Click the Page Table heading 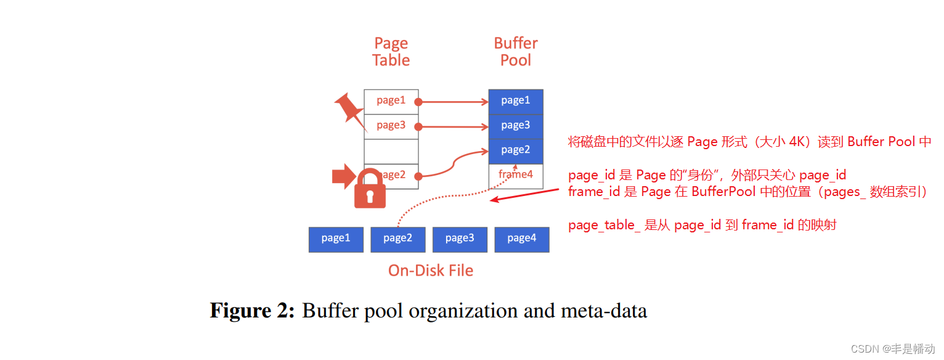[391, 52]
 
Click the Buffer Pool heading [516, 52]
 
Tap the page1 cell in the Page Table [391, 101]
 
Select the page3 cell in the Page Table [391, 126]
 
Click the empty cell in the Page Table [391, 151]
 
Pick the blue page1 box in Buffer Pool [516, 101]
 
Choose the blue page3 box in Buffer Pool [516, 126]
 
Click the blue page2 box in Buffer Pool [516, 150]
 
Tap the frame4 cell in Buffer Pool [516, 175]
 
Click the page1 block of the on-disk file [336, 239]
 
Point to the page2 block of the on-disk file [397, 239]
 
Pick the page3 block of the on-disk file [460, 239]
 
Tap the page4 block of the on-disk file [521, 239]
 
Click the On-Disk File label [430, 271]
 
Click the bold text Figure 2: [253, 311]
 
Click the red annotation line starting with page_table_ [702, 226]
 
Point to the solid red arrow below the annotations [524, 195]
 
